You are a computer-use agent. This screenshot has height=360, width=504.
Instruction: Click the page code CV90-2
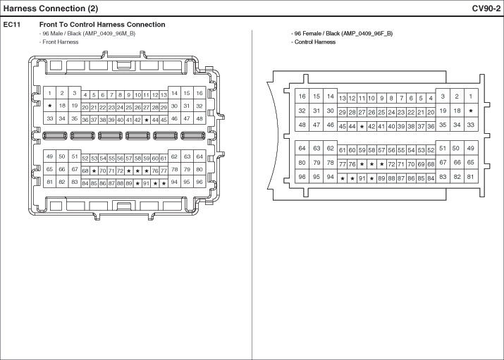[486, 8]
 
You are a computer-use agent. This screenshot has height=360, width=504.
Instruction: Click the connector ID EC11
[11, 25]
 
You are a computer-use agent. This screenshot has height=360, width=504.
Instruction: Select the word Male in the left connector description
[57, 33]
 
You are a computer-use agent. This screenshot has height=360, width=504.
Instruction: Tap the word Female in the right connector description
[312, 33]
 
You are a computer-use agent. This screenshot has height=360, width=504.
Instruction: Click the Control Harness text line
[315, 42]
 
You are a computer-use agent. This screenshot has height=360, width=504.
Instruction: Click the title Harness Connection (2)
[51, 8]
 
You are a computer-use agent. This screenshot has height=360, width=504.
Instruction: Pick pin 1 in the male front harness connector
[49, 93]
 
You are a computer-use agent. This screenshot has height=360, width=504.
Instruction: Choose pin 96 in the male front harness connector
[199, 182]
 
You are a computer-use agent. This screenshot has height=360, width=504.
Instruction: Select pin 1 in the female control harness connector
[471, 96]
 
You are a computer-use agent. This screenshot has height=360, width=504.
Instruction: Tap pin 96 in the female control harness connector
[302, 177]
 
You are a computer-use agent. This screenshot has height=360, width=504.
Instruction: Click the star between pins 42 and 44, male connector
[147, 120]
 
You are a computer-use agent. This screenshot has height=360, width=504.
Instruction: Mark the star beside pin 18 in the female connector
[471, 111]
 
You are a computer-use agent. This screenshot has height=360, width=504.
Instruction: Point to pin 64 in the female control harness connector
[302, 148]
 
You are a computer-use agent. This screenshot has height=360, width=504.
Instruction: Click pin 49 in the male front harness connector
[49, 156]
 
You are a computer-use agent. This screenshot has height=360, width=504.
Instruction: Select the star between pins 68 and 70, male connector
[94, 171]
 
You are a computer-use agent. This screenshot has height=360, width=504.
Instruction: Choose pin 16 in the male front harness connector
[199, 93]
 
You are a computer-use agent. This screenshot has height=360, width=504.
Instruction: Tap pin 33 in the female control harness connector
[471, 125]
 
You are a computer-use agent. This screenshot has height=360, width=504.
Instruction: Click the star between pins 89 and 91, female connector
[372, 178]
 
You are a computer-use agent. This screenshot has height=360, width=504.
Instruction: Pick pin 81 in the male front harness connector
[49, 182]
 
